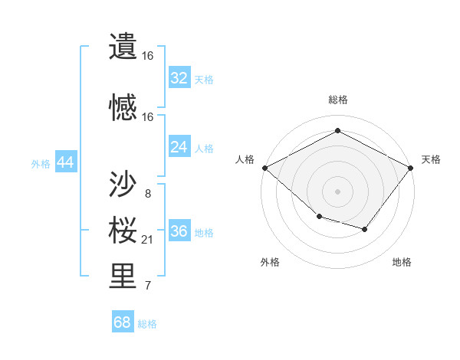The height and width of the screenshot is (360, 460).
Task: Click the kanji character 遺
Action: click(x=123, y=47)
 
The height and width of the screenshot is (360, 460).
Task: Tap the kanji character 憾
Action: click(x=123, y=107)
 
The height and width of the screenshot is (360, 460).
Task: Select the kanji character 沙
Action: click(x=123, y=183)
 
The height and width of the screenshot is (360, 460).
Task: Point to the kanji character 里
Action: click(x=123, y=277)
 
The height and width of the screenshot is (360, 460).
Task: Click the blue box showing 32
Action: click(x=179, y=78)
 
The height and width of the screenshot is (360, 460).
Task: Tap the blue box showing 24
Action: click(x=179, y=147)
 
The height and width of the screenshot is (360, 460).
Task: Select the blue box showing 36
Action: click(x=179, y=231)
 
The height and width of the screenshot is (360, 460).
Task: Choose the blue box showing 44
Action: click(x=65, y=162)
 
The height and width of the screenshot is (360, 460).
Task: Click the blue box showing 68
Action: click(x=123, y=322)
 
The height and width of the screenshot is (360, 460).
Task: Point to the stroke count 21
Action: click(x=147, y=241)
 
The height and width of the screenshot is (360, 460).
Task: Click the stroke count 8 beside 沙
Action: click(x=147, y=193)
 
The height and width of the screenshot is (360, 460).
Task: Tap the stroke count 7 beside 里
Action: click(x=147, y=286)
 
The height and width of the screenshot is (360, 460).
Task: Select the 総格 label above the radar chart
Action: click(x=338, y=100)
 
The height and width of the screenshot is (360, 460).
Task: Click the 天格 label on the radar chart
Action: click(x=431, y=159)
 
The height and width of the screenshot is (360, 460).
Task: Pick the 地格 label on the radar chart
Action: click(x=402, y=262)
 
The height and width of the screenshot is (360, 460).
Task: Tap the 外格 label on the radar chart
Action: click(x=270, y=262)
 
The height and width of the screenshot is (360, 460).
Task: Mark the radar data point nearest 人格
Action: click(x=264, y=168)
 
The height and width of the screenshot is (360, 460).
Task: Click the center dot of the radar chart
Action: click(x=338, y=191)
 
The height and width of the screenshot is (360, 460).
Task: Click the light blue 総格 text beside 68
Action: click(x=147, y=324)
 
